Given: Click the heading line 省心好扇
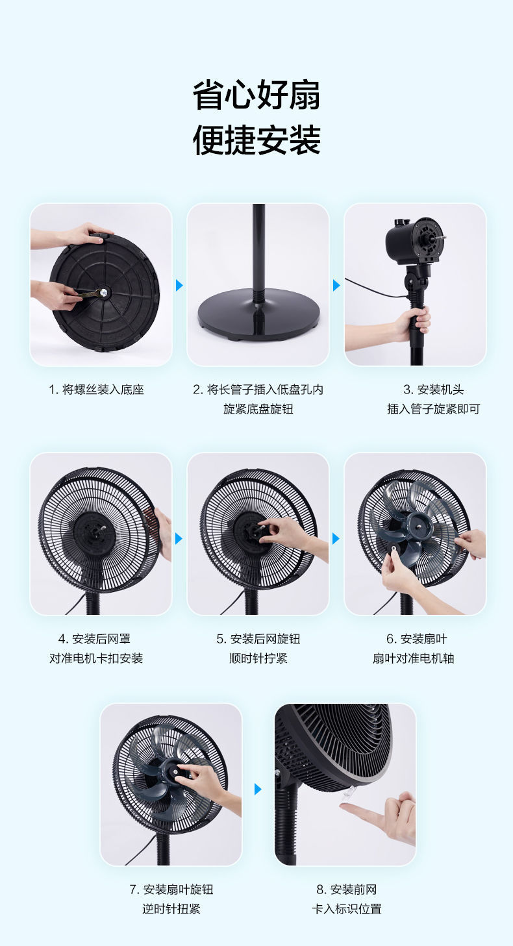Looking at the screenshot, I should pos(256,96).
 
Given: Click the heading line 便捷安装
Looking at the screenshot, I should pos(256,140).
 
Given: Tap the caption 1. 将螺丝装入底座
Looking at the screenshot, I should pos(96,390).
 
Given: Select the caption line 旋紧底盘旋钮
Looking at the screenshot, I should pos(258,409).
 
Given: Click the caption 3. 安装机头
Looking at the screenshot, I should pos(433,390).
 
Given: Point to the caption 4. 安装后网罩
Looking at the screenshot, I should pos(96,639).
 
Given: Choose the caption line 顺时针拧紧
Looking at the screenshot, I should pos(258,658).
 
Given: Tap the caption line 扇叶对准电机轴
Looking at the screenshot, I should pos(414,658).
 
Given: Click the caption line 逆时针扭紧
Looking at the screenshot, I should pos(171,909).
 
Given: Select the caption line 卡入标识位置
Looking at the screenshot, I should pos(346,909).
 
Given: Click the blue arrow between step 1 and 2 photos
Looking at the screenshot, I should pos(180,285).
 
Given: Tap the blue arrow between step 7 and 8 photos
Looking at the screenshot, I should pos(258,789).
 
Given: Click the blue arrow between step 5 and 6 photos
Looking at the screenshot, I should pos(336,538).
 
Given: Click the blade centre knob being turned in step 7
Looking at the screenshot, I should pos(176,771).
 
